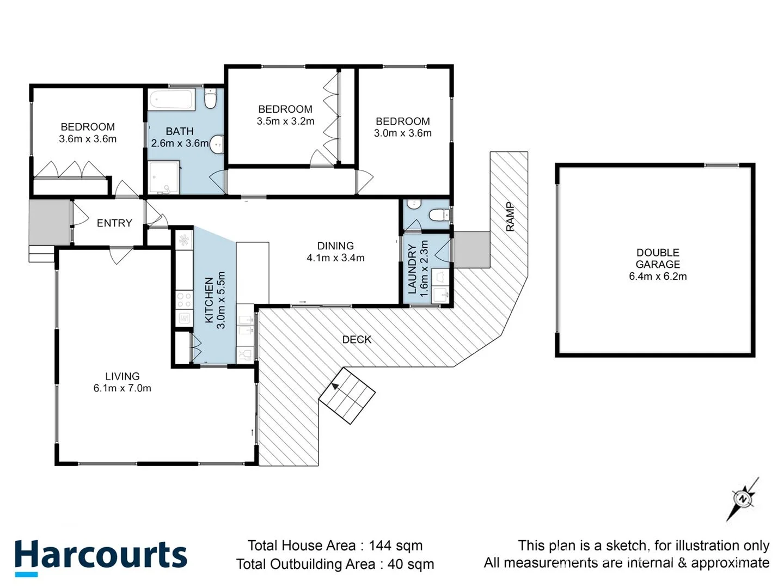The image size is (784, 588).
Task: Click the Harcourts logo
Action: tap(101, 556)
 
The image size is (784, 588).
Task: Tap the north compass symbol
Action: tap(743, 499)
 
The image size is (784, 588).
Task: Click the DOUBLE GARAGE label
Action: tap(658, 259)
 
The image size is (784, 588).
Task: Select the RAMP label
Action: tap(510, 217)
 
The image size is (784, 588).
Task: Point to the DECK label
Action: tap(357, 339)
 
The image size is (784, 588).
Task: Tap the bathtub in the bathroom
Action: tap(172, 100)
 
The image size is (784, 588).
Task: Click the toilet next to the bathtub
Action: tap(211, 99)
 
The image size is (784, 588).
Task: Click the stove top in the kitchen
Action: tap(184, 300)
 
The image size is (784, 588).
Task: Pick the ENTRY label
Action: tap(114, 223)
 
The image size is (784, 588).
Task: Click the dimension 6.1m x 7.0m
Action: tap(122, 388)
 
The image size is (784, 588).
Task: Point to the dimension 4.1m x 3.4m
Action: tap(335, 258)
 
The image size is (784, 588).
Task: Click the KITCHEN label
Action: tap(209, 300)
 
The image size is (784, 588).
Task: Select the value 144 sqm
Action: tap(395, 546)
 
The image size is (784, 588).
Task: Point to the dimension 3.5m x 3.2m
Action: tap(285, 121)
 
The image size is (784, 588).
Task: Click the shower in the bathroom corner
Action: tap(164, 177)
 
